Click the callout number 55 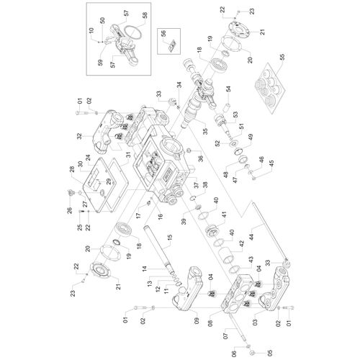tap(282, 57)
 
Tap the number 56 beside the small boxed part tap(163, 34)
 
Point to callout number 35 tap(205, 132)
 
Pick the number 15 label tap(169, 238)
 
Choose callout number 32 tap(80, 136)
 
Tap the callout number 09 tap(197, 320)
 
